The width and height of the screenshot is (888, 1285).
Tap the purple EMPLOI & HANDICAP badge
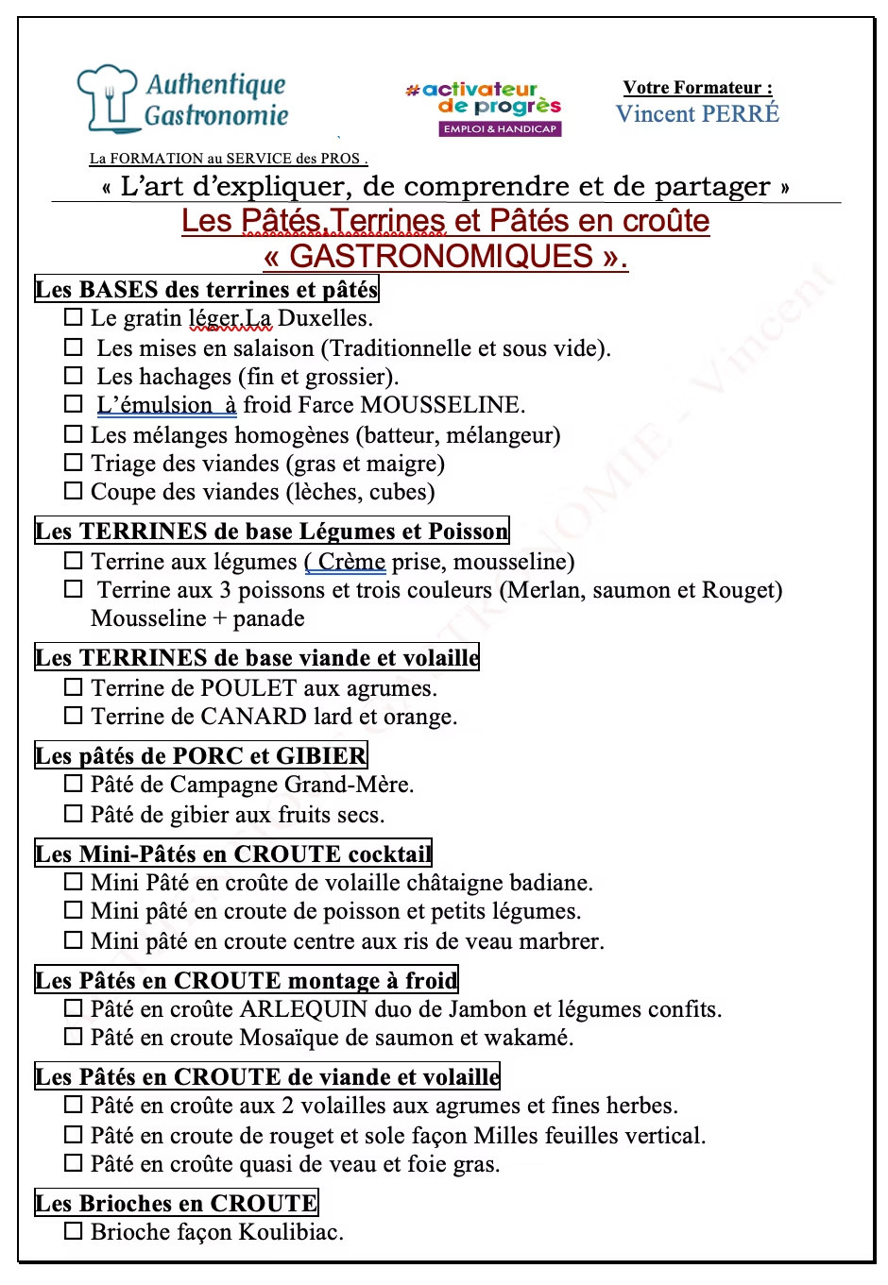pos(500,128)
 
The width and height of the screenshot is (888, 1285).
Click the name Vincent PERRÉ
pos(697,114)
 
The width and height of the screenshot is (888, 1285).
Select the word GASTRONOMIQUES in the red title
pos(441,257)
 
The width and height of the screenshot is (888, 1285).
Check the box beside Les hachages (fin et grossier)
pos(74,376)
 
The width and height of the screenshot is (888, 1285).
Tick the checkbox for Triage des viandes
pos(74,463)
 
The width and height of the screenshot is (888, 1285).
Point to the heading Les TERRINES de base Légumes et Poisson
pos(271,531)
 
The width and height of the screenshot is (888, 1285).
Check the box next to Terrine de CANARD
pos(74,716)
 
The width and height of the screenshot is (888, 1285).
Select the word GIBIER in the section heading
pos(320,755)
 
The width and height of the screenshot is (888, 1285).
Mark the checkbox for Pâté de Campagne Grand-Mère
pos(74,784)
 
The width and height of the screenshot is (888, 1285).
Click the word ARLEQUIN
pos(303,1009)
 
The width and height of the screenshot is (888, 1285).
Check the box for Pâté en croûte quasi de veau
pos(74,1163)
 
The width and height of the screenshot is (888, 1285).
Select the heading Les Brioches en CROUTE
pos(176,1203)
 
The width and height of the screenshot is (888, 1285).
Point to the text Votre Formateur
pos(697,88)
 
